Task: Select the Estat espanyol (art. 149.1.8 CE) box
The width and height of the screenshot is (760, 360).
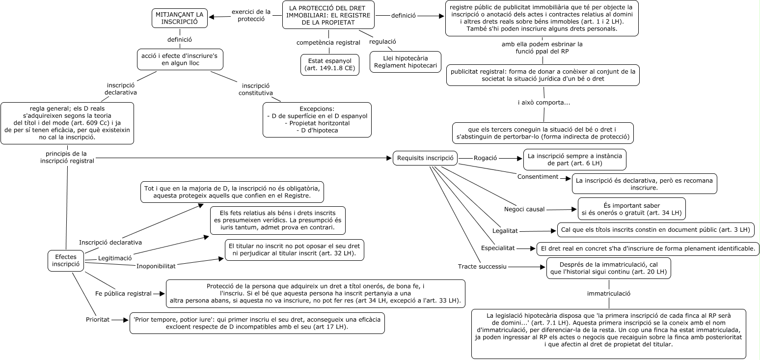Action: [329, 64]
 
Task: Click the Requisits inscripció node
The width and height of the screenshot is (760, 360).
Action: [425, 158]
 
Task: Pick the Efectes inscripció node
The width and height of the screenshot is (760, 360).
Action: [65, 260]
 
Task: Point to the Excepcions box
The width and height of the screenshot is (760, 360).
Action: [317, 119]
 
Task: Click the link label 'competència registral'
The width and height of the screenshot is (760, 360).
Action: [328, 43]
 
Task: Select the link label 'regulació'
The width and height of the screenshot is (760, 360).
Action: [383, 41]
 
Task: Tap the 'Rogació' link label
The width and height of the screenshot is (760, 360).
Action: [485, 158]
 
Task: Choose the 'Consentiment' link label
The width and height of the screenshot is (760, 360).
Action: [538, 176]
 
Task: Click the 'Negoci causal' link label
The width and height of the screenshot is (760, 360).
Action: [524, 209]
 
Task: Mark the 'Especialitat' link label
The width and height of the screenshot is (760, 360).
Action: [498, 248]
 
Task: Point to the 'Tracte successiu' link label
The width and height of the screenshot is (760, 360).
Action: [482, 267]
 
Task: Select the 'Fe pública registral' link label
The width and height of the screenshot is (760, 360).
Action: [123, 294]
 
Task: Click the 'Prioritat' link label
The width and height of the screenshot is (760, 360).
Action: [98, 320]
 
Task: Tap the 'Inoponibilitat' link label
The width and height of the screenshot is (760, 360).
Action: [156, 266]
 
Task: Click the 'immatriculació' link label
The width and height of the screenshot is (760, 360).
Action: [608, 294]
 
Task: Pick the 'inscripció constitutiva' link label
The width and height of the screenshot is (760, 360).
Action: [256, 89]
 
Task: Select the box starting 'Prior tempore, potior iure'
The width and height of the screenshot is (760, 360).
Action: [257, 323]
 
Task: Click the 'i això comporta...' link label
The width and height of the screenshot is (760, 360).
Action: [544, 103]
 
